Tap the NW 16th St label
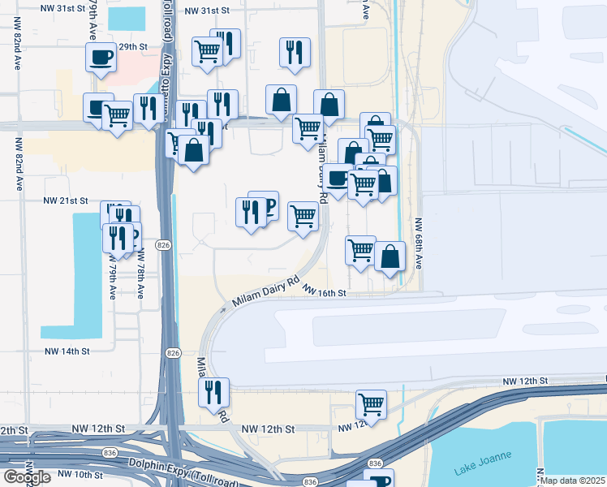[x=325, y=291]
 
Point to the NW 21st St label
[x=65, y=200]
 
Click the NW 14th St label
[x=66, y=351]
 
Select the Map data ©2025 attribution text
[x=573, y=481]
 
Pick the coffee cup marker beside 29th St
[x=101, y=58]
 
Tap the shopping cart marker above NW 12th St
[x=371, y=404]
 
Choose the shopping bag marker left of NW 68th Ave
[x=390, y=256]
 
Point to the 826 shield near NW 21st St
[x=164, y=244]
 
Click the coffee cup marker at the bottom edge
[x=377, y=481]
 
